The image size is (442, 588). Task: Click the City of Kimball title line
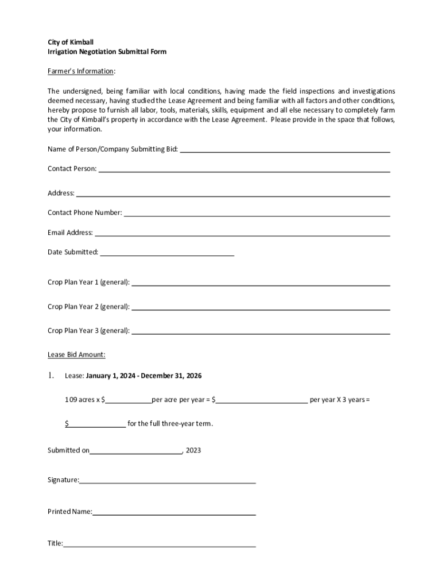(x=70, y=42)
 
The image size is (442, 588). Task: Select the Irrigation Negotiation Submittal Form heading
(x=107, y=52)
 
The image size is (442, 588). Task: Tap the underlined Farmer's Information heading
(x=81, y=71)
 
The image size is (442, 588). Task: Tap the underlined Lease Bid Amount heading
(x=76, y=355)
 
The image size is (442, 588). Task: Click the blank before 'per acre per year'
(x=128, y=400)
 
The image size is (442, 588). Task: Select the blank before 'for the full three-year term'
(x=97, y=424)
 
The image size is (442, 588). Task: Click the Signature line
(x=168, y=480)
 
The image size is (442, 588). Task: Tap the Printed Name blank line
(x=174, y=512)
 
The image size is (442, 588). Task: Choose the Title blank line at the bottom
(x=160, y=543)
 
